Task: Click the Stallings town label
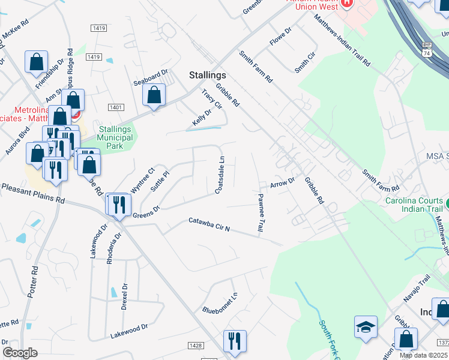tap(208, 75)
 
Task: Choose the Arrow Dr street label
tap(282, 182)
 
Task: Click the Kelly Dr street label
tap(202, 117)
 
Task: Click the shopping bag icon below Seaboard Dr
tap(154, 95)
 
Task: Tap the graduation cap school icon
tap(366, 327)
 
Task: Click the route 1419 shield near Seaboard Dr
tap(93, 56)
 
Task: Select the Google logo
tap(20, 353)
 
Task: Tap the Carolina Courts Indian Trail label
tap(414, 206)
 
